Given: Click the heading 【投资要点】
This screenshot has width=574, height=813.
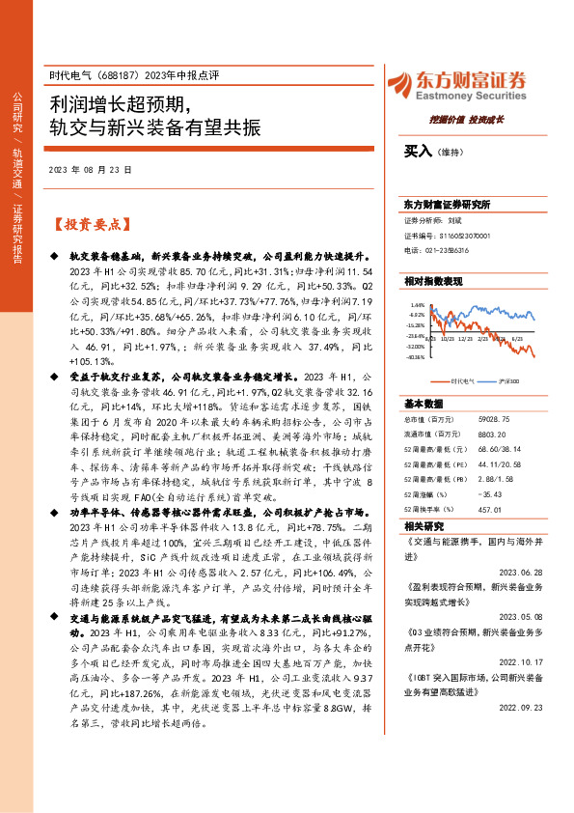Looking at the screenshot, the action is (90, 225).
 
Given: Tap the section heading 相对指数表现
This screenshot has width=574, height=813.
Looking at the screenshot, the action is (433, 280).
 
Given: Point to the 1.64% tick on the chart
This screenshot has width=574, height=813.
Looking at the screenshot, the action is (417, 304).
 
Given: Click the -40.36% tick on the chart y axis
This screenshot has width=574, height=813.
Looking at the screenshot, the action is (415, 356).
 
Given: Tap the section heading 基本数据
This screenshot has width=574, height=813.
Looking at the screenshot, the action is (424, 404).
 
